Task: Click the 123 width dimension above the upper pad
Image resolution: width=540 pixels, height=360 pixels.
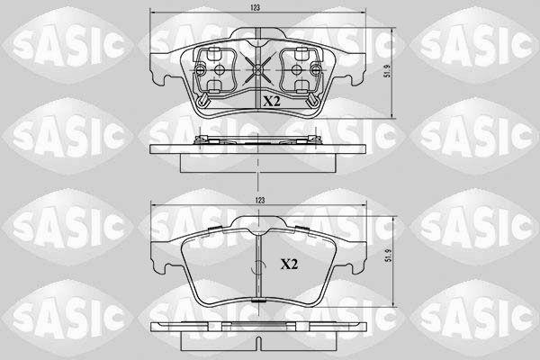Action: tap(256, 8)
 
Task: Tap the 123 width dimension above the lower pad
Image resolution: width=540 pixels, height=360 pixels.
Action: tap(260, 200)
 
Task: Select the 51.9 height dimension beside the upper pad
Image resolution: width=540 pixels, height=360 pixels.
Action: tap(388, 70)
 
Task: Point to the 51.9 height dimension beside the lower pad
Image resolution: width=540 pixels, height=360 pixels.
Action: tap(389, 256)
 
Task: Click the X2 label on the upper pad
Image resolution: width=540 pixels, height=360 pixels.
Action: tap(272, 102)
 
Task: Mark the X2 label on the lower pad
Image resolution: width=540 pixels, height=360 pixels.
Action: tap(289, 265)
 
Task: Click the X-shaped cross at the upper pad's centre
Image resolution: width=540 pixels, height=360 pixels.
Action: tap(257, 70)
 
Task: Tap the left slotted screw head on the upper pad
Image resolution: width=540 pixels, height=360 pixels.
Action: tap(200, 70)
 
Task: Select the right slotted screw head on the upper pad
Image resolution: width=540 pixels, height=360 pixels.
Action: tap(316, 70)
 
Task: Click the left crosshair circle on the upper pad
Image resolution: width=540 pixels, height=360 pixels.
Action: tap(219, 70)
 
